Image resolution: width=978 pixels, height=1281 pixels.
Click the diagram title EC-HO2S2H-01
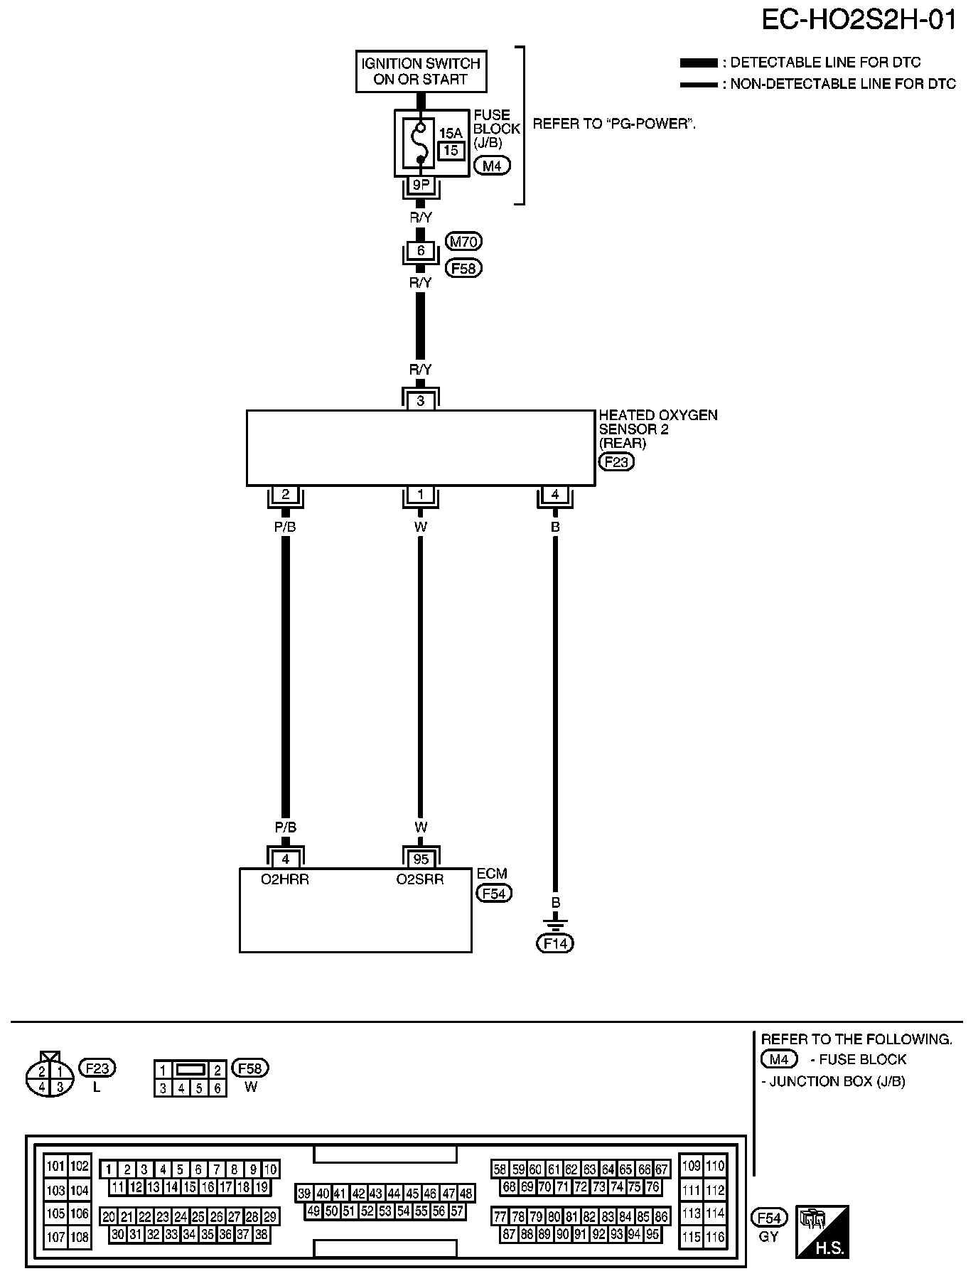859,21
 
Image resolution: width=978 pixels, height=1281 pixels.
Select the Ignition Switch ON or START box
421,71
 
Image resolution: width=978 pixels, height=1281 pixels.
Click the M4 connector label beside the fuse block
492,167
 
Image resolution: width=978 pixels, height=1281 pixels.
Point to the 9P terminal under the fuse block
420,186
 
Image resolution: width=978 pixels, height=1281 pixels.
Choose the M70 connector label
463,242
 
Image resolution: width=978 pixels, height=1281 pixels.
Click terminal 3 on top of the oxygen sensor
421,401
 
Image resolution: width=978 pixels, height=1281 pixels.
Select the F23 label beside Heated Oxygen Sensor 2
616,462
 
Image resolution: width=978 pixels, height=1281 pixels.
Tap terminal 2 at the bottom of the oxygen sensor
285,495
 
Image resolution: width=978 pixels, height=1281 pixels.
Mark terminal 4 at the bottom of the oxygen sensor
555,495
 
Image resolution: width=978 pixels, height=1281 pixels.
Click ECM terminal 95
421,859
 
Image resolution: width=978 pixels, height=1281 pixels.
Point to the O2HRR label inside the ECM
284,879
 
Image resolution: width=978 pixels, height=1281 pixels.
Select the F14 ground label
555,943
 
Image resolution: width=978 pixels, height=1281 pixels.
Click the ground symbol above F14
555,924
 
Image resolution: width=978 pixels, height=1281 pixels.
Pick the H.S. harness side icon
823,1232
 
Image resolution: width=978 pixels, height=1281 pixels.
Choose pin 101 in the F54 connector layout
55,1166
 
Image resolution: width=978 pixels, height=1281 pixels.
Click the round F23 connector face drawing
50,1078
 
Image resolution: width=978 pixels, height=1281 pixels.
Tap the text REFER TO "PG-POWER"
614,124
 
